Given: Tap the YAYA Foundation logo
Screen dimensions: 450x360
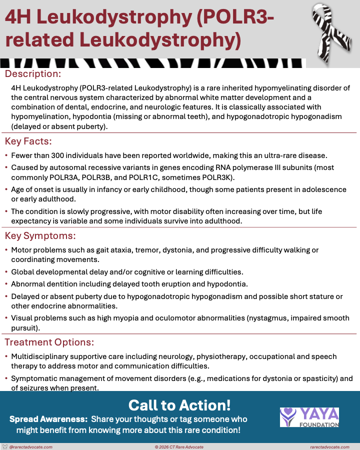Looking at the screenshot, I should click(x=309, y=417).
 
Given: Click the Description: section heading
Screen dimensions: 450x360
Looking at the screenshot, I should click(x=32, y=74).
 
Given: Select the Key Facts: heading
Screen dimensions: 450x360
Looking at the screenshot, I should click(x=28, y=140).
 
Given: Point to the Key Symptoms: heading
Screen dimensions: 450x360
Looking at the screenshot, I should click(x=39, y=235).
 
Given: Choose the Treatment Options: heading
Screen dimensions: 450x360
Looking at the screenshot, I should click(x=49, y=342).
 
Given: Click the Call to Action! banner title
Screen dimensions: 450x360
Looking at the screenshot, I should click(x=179, y=405).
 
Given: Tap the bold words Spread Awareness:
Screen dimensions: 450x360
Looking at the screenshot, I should click(x=48, y=419).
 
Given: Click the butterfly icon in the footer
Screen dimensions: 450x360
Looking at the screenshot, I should click(x=5, y=446).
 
